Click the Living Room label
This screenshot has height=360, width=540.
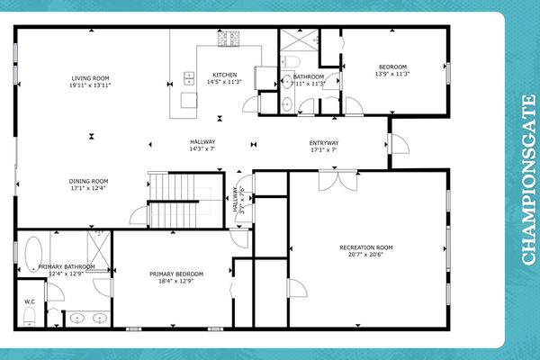point(89,77)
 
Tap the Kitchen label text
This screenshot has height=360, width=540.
point(224,75)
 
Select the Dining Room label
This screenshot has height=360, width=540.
point(88,181)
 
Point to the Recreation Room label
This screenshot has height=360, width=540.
point(366,247)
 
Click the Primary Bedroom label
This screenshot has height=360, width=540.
point(176,274)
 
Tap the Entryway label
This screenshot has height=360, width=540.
point(324,142)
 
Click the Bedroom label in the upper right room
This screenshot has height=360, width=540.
point(392,67)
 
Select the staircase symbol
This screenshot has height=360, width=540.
point(171,201)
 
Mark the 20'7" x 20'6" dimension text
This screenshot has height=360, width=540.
point(366,255)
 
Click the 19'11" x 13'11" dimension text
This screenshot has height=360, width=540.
point(89,85)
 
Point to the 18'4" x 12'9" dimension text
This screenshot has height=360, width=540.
point(176,281)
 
